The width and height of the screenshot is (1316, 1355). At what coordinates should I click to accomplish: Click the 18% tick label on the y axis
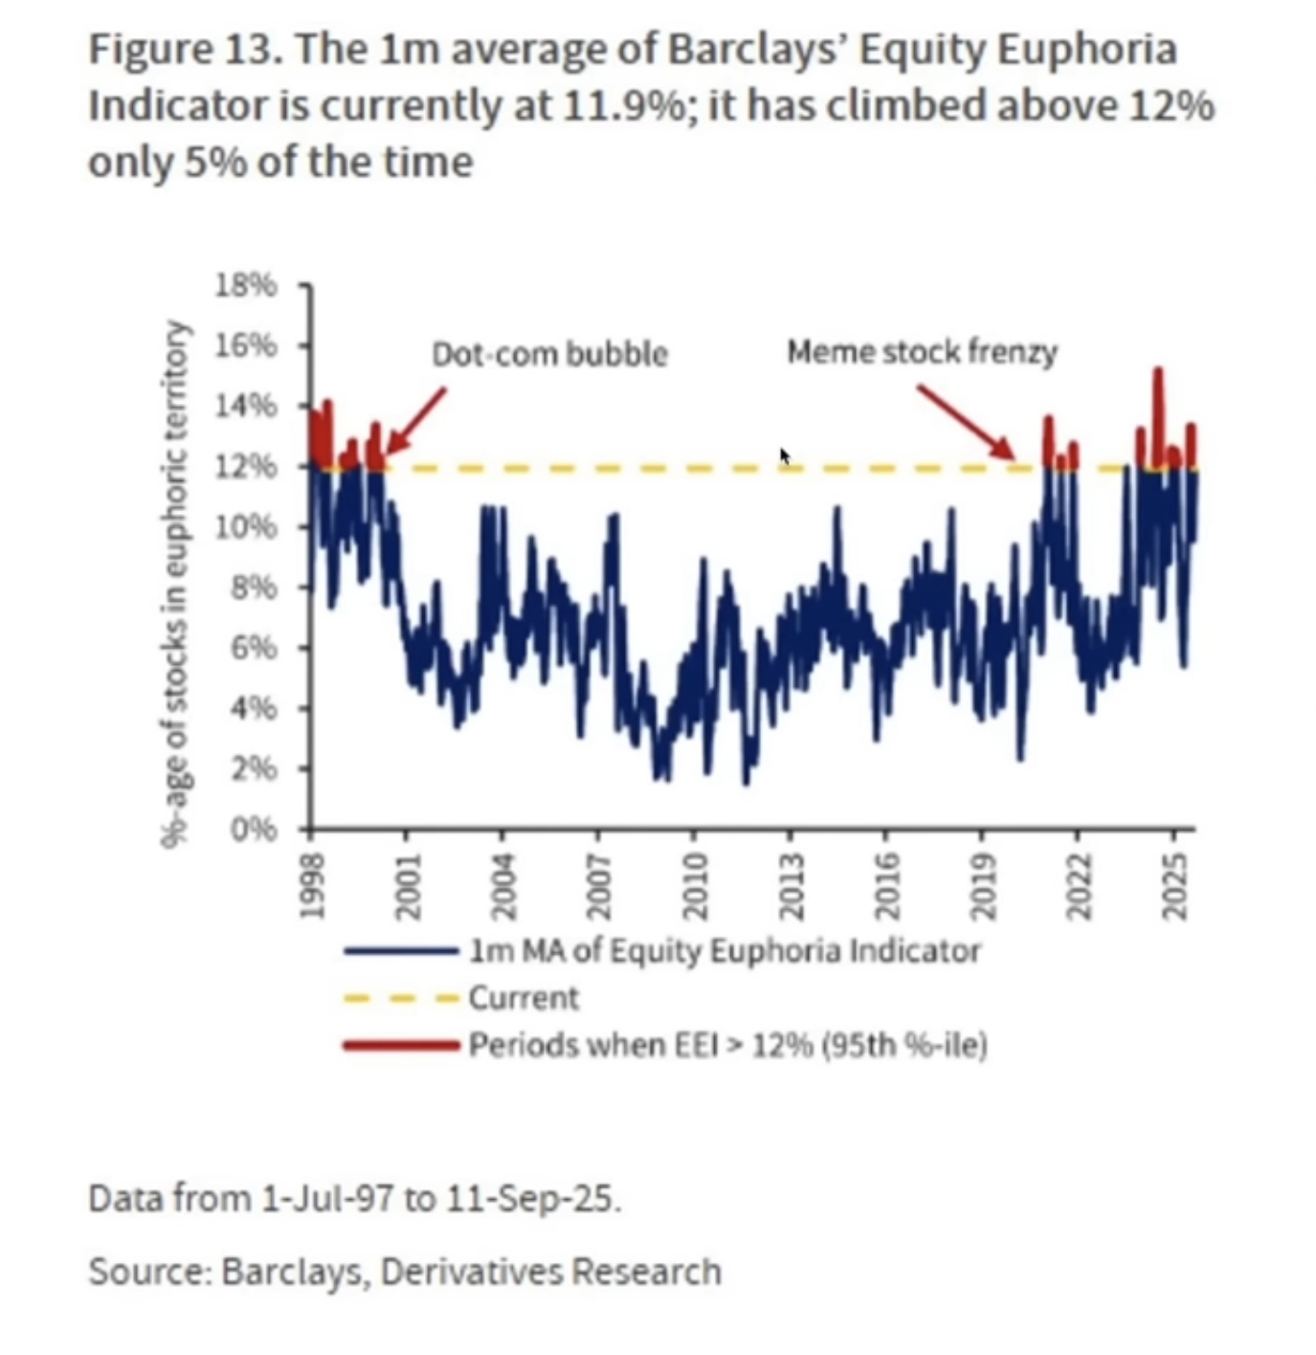245,285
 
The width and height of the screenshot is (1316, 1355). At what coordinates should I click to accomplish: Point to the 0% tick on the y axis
253,829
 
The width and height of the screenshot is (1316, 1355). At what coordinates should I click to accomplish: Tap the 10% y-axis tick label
245,527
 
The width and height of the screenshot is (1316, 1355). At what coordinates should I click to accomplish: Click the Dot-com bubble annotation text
549,354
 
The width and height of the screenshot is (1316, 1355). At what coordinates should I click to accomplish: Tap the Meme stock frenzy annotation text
922,352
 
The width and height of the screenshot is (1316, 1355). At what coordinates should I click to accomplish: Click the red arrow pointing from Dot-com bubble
414,420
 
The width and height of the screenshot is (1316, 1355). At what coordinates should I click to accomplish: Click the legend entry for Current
523,998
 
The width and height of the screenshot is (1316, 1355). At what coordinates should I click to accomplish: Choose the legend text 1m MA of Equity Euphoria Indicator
725,951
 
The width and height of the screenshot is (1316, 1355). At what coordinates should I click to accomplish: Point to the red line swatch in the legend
401,1045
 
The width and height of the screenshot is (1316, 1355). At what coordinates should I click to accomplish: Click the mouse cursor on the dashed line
785,456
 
